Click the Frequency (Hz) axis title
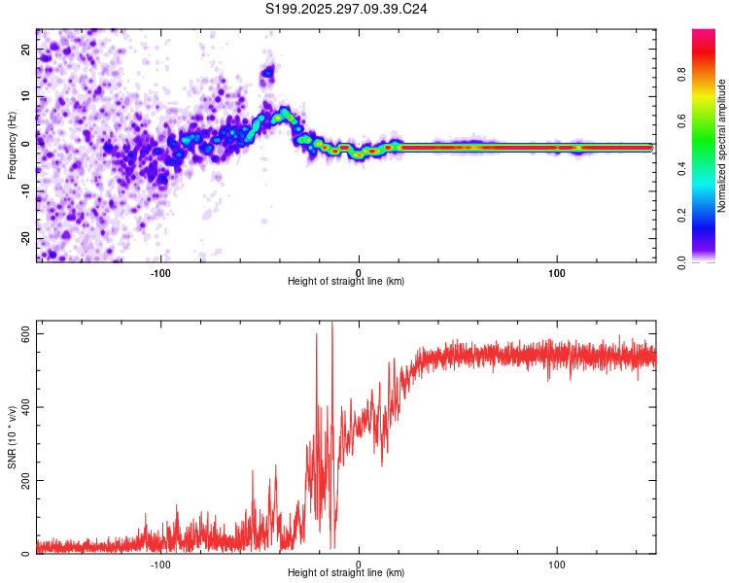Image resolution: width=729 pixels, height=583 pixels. pyautogui.click(x=12, y=146)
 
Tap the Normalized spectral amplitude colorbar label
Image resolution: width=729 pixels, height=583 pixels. pyautogui.click(x=721, y=146)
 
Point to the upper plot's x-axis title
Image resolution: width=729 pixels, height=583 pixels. pyautogui.click(x=346, y=281)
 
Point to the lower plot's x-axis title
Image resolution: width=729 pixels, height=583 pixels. pyautogui.click(x=346, y=572)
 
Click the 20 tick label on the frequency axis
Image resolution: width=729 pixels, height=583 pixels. pyautogui.click(x=25, y=49)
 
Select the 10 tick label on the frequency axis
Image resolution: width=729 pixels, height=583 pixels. pyautogui.click(x=25, y=96)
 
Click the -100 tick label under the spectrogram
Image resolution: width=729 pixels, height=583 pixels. pyautogui.click(x=160, y=271)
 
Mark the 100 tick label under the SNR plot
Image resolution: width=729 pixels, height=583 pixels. pyautogui.click(x=557, y=563)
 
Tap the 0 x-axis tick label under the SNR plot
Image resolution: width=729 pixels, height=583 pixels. pyautogui.click(x=359, y=563)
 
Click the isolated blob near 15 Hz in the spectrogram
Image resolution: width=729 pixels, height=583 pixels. pyautogui.click(x=268, y=71)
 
